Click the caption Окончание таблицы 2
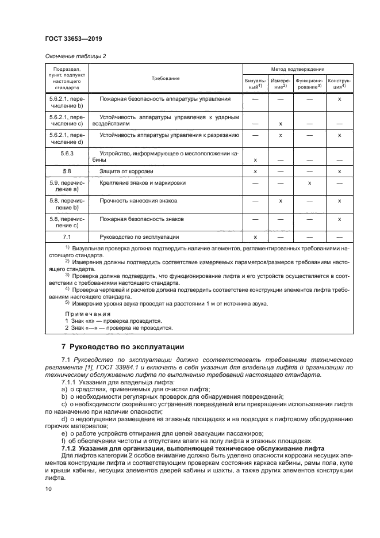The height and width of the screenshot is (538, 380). (x=75, y=56)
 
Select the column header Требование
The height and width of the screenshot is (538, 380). (x=166, y=78)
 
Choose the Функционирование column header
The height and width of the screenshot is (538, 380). (x=310, y=84)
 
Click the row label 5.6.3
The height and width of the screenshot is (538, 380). (x=67, y=154)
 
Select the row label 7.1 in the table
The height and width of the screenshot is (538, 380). (x=67, y=236)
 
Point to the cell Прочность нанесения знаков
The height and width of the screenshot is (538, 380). (x=139, y=201)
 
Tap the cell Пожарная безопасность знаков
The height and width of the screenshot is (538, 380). (x=141, y=219)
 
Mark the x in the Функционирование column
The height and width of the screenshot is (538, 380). (x=310, y=182)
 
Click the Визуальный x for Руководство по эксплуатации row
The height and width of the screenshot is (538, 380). (x=255, y=236)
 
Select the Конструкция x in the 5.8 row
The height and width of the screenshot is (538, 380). (x=340, y=171)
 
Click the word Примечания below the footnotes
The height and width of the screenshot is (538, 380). (x=87, y=314)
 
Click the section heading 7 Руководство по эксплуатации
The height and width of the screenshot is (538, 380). (x=122, y=347)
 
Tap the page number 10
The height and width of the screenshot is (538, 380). (x=48, y=488)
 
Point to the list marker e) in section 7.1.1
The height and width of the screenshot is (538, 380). (x=64, y=433)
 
